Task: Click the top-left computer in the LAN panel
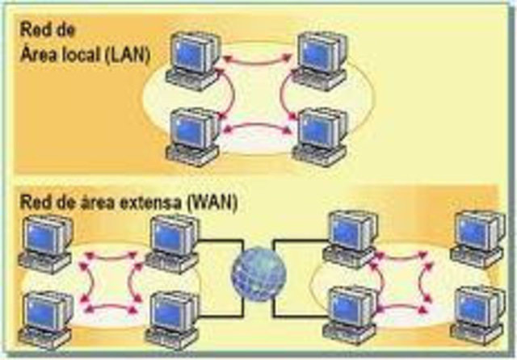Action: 194,61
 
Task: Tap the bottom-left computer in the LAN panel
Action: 193,136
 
